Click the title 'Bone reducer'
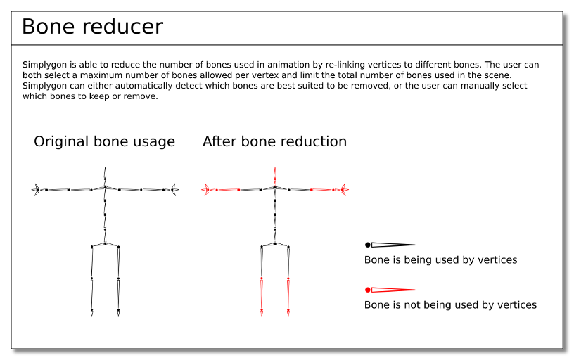(x=92, y=27)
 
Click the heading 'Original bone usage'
(x=104, y=141)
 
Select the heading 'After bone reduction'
(x=274, y=141)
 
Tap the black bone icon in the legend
(x=390, y=245)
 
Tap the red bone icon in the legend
(x=390, y=290)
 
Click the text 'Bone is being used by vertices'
(x=441, y=259)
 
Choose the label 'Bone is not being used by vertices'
(x=450, y=304)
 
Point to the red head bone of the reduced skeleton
(x=275, y=176)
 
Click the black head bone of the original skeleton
(x=105, y=176)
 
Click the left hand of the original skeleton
(x=36, y=190)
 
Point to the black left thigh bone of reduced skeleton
(x=262, y=262)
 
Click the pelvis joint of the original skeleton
(x=105, y=243)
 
